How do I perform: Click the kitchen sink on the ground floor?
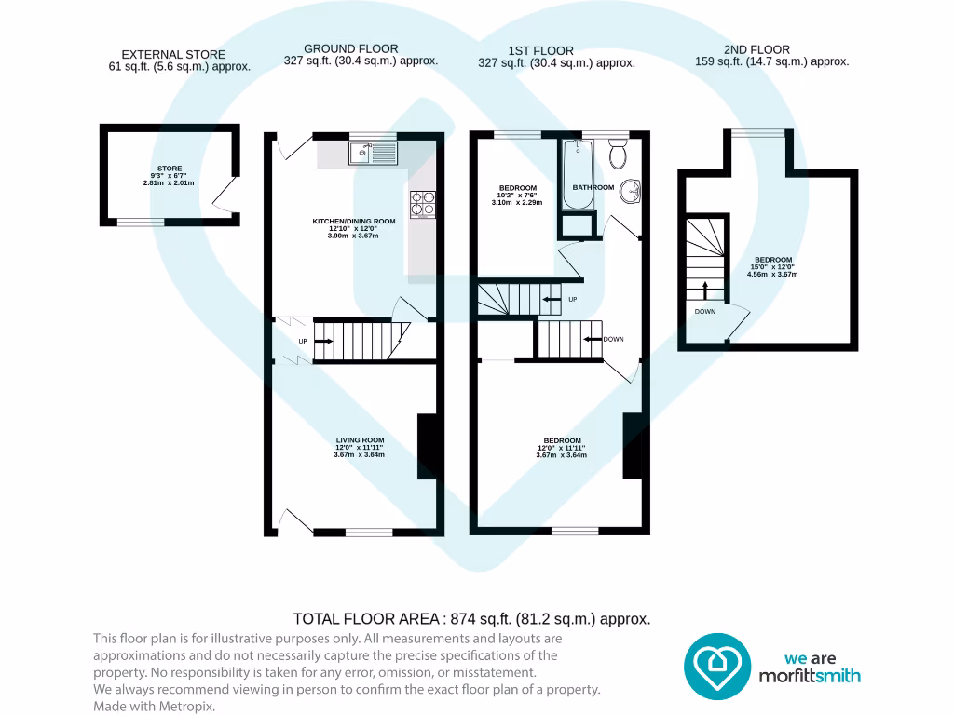point(373,152)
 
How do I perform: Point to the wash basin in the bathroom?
point(631,191)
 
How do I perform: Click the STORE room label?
point(170,169)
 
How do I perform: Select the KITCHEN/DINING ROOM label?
point(354,222)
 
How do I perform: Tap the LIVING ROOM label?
point(360,440)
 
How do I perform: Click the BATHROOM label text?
point(593,188)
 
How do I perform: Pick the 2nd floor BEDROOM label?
point(773,260)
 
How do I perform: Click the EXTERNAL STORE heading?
point(173,55)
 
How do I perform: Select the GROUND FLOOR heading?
point(350,48)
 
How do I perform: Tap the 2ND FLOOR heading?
point(756,49)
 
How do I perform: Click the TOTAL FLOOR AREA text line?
point(471,618)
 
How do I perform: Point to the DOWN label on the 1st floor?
point(613,339)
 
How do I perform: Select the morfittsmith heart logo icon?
point(717,667)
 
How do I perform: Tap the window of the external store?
point(140,222)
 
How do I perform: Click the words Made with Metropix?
point(154,707)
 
